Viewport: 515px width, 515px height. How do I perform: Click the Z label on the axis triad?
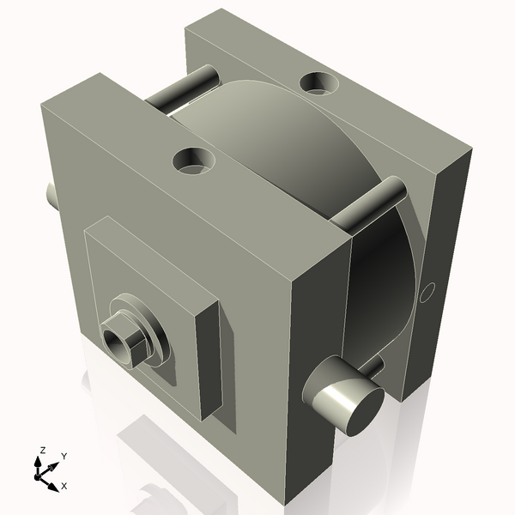[x=42, y=451]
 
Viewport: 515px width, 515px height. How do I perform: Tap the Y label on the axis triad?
[x=64, y=457]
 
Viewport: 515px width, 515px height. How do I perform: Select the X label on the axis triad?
[x=64, y=486]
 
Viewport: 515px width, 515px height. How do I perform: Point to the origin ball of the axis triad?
[x=38, y=476]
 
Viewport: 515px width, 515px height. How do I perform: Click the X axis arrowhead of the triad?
[x=53, y=487]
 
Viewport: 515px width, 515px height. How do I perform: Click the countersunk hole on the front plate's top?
[x=194, y=161]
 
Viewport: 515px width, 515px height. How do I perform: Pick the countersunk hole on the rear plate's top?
[x=318, y=83]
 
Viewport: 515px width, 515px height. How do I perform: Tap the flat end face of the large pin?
[x=367, y=412]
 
